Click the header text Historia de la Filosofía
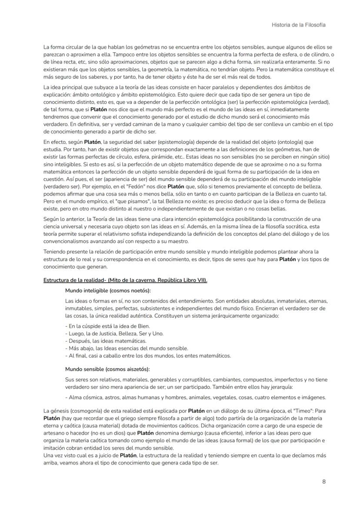pyautogui.click(x=298, y=25)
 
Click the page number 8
pyautogui.click(x=324, y=481)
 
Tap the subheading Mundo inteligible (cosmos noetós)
pyautogui.click(x=108, y=290)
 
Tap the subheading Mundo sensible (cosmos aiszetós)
pyautogui.click(x=107, y=369)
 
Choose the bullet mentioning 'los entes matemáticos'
pyautogui.click(x=148, y=355)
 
